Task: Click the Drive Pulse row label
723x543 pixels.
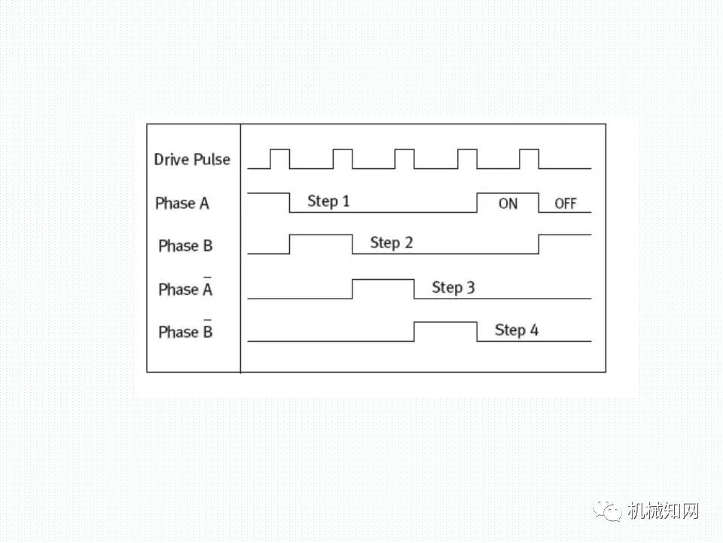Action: (192, 159)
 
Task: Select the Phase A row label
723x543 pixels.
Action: (182, 203)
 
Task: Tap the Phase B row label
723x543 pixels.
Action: (185, 246)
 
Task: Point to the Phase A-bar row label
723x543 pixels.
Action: (185, 288)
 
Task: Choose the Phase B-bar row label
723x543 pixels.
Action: (185, 330)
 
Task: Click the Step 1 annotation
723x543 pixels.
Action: (328, 201)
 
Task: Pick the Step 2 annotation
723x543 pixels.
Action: (392, 243)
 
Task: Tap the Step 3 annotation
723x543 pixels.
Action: (453, 287)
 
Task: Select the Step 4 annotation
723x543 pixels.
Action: (517, 330)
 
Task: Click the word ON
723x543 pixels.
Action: (508, 204)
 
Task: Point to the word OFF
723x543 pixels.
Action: (566, 204)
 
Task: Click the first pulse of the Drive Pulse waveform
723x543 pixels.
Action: (280, 149)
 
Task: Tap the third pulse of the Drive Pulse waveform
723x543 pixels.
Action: (404, 149)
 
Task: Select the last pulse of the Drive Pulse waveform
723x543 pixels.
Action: (529, 149)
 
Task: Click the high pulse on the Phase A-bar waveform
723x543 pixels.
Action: (383, 279)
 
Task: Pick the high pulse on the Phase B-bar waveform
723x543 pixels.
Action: (445, 322)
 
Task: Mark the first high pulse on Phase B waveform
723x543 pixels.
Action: (321, 235)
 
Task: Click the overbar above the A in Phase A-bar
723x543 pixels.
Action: (208, 277)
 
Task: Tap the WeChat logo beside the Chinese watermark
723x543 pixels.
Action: (607, 511)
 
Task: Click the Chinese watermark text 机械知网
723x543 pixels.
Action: (663, 511)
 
